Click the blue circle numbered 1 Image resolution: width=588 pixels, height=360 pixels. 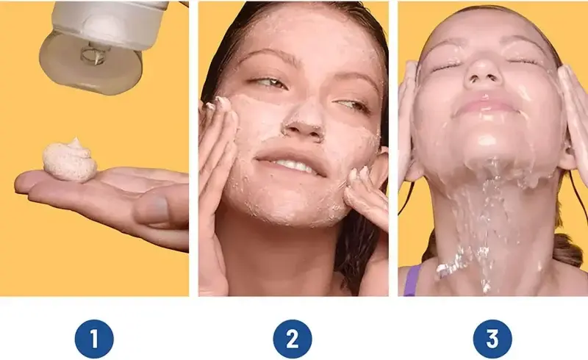[94, 339]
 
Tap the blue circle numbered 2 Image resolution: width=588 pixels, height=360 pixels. [293, 339]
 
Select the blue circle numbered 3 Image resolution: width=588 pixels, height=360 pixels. [492, 339]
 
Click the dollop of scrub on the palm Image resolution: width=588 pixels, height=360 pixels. [70, 160]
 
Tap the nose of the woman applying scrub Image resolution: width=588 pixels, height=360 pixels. [304, 120]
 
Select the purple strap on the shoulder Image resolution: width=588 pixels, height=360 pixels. [412, 280]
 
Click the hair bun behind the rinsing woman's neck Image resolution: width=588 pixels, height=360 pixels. [566, 249]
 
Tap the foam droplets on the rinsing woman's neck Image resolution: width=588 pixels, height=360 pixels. [450, 265]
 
